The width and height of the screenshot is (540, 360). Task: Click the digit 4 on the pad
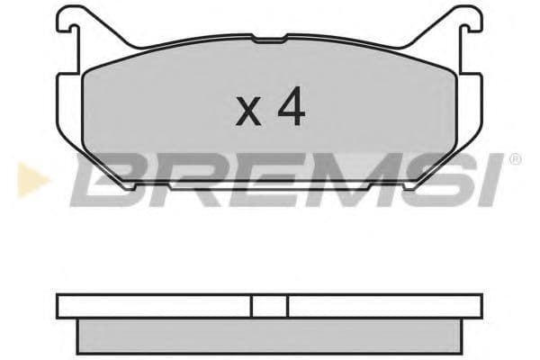[x=291, y=109]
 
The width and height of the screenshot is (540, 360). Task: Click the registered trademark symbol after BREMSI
[x=514, y=160]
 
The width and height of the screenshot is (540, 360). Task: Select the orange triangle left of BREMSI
[x=27, y=179]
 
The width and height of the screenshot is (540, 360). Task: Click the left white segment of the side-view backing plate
[x=153, y=306]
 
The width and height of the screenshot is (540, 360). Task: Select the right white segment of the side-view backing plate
[x=387, y=306]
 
